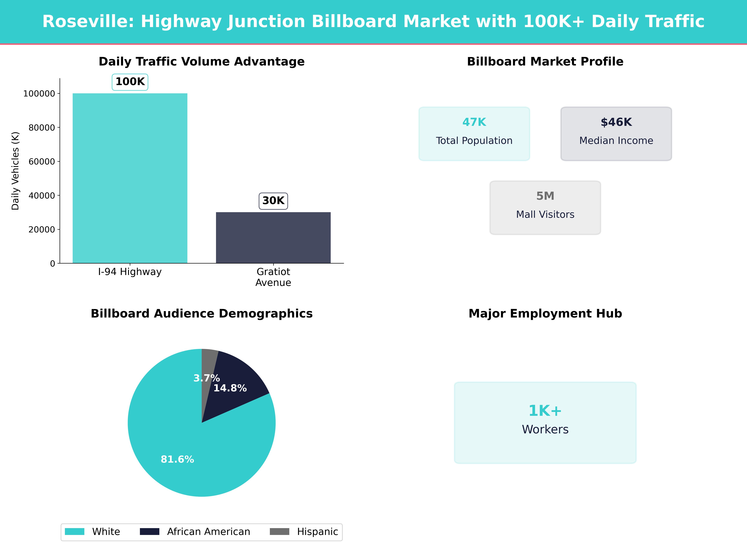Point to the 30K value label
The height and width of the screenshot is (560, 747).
click(273, 201)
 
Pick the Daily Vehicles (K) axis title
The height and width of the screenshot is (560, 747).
click(15, 171)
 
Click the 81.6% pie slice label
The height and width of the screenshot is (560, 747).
click(177, 459)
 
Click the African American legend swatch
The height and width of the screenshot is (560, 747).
click(150, 532)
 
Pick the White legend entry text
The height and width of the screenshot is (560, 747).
click(106, 532)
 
